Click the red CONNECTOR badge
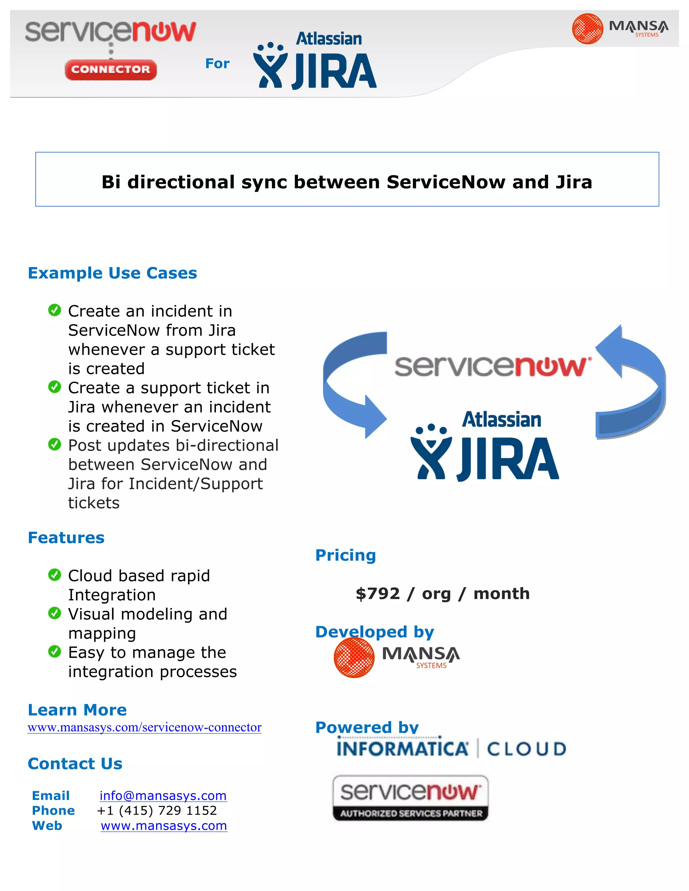coord(111,70)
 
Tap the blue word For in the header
coord(217,64)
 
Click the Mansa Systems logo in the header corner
coord(620,29)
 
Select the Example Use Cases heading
coord(112,273)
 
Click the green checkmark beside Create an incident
coord(54,310)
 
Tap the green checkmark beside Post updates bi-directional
coord(54,444)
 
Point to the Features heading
coord(66,538)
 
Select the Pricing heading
coord(345,555)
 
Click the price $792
coord(377,593)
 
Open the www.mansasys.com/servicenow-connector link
coord(144,727)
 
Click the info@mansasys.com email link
coord(163,796)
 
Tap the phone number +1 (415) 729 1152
coord(157,811)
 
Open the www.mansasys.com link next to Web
coord(164,826)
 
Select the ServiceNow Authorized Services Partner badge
coord(410,798)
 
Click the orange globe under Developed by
coord(354,657)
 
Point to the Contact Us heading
coord(75,764)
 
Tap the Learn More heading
coord(77,710)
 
